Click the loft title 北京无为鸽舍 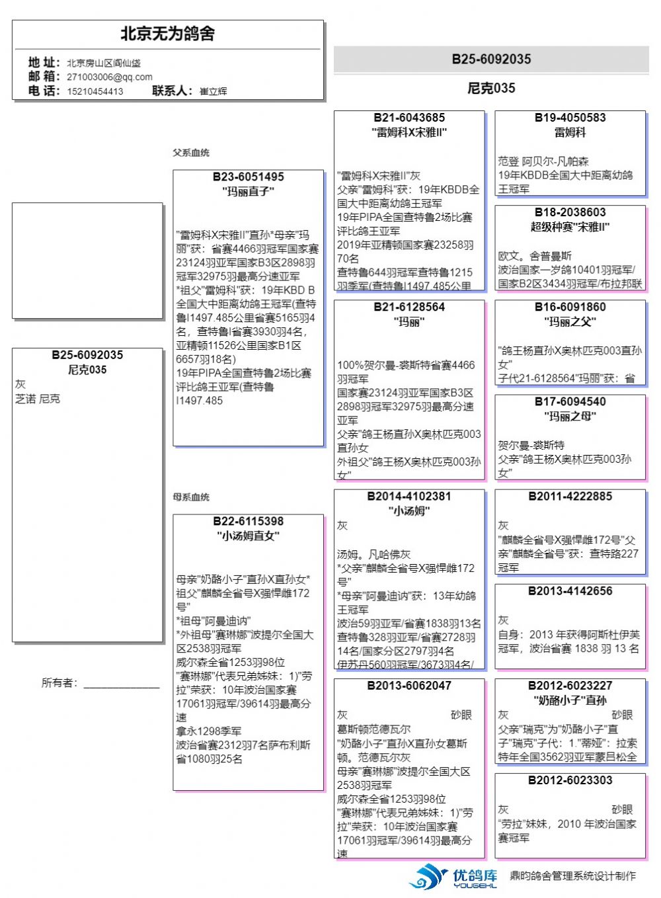point(167,34)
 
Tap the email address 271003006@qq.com point(109,77)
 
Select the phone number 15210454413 point(95,91)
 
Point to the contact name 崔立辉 point(213,91)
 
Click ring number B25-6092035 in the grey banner point(491,60)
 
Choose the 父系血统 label point(191,153)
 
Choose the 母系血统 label point(191,497)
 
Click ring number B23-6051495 point(248,177)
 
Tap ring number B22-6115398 point(248,521)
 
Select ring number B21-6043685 point(409,118)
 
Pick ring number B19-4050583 point(570,118)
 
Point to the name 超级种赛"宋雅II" point(570,227)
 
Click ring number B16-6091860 point(570,307)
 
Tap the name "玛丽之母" point(570,416)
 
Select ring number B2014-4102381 point(409,496)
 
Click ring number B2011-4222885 point(570,496)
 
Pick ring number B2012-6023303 point(570,780)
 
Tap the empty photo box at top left point(87,261)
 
